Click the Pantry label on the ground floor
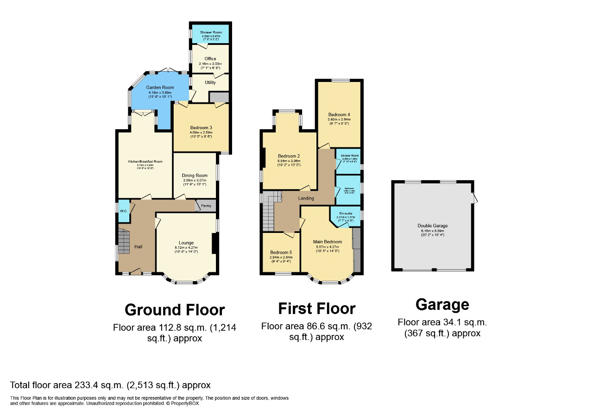click(x=206, y=206)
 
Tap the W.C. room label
click(x=123, y=211)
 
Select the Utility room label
click(x=210, y=82)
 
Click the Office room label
click(x=210, y=59)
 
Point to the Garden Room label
click(x=160, y=88)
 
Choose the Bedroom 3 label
click(x=201, y=128)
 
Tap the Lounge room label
click(x=186, y=243)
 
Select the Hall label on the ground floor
click(x=138, y=246)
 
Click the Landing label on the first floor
click(x=306, y=198)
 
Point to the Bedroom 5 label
click(x=280, y=252)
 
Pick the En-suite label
click(x=345, y=214)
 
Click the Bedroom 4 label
click(x=338, y=114)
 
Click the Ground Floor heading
click(x=175, y=309)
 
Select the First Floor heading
click(x=316, y=308)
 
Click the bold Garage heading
click(x=442, y=305)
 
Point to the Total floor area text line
click(x=110, y=385)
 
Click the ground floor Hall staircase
click(x=124, y=242)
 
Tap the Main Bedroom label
click(x=327, y=242)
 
